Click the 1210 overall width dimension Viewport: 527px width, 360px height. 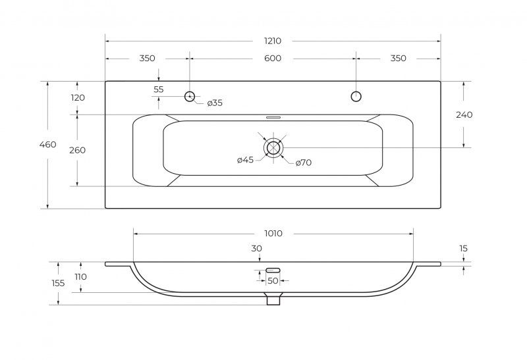pyautogui.click(x=273, y=41)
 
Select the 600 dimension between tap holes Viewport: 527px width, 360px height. pyautogui.click(x=273, y=59)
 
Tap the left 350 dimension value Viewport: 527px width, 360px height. pyautogui.click(x=147, y=59)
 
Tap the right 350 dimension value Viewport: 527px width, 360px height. pyautogui.click(x=399, y=59)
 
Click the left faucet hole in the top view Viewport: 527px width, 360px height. pyautogui.click(x=190, y=96)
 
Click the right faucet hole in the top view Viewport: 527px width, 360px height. pyautogui.click(x=356, y=96)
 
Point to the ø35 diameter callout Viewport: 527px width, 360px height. pyautogui.click(x=215, y=103)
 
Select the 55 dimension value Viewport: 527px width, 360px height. pyautogui.click(x=159, y=90)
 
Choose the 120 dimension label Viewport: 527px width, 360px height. pyautogui.click(x=78, y=97)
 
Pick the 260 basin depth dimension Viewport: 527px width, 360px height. pyautogui.click(x=77, y=150)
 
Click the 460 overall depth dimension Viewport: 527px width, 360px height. pyautogui.click(x=47, y=145)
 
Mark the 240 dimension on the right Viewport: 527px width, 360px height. pyautogui.click(x=464, y=115)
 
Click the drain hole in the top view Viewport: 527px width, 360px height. pyautogui.click(x=273, y=148)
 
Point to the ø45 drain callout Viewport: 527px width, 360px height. pyautogui.click(x=245, y=160)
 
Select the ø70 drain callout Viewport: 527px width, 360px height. pyautogui.click(x=304, y=163)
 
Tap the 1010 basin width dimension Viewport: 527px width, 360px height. pyautogui.click(x=273, y=234)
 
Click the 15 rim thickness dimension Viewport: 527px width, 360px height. pyautogui.click(x=464, y=249)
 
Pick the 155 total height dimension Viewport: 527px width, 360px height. pyautogui.click(x=58, y=283)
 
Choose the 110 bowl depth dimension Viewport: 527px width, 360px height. pyautogui.click(x=80, y=276)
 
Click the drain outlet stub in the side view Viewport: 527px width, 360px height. pyautogui.click(x=273, y=299)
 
